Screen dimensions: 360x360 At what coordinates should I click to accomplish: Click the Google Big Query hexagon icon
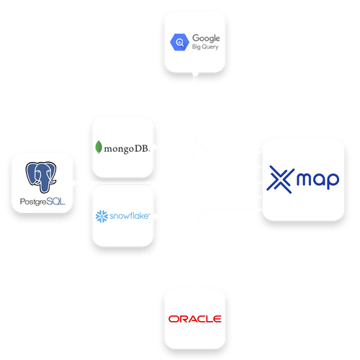pos(177,43)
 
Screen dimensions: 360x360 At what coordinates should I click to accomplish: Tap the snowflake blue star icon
pos(102,215)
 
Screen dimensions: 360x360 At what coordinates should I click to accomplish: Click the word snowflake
pos(129,215)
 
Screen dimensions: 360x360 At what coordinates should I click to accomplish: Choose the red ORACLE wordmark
pos(194,319)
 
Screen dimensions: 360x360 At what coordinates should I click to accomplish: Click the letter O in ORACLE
pos(172,319)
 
